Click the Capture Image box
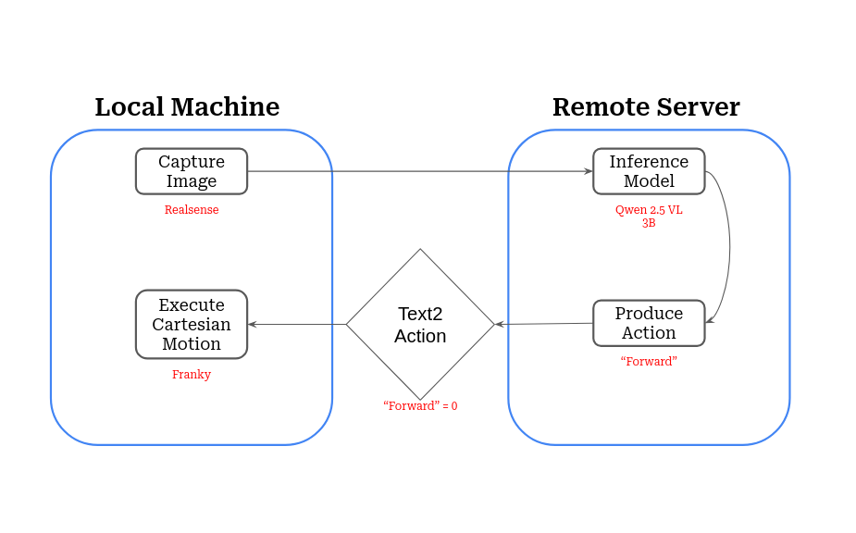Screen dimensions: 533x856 [192, 171]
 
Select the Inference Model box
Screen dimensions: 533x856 [649, 171]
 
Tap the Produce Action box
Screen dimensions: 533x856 [649, 323]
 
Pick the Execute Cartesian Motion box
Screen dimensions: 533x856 [192, 324]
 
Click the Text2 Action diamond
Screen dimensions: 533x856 [420, 324]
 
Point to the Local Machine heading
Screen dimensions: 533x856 [187, 107]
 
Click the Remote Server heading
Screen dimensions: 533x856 [646, 107]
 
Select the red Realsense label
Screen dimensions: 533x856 [192, 210]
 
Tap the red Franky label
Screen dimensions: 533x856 [192, 375]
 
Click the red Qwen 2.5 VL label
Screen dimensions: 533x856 [649, 210]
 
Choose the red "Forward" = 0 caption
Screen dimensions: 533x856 [420, 405]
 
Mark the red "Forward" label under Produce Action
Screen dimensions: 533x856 [649, 361]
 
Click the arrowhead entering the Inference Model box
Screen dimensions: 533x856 [588, 171]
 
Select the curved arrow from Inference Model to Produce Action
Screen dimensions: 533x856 [729, 245]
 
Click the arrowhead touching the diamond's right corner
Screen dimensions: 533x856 [500, 324]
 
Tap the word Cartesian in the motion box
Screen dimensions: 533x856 [192, 324]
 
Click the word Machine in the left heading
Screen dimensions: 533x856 [229, 107]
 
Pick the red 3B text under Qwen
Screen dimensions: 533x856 [649, 223]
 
